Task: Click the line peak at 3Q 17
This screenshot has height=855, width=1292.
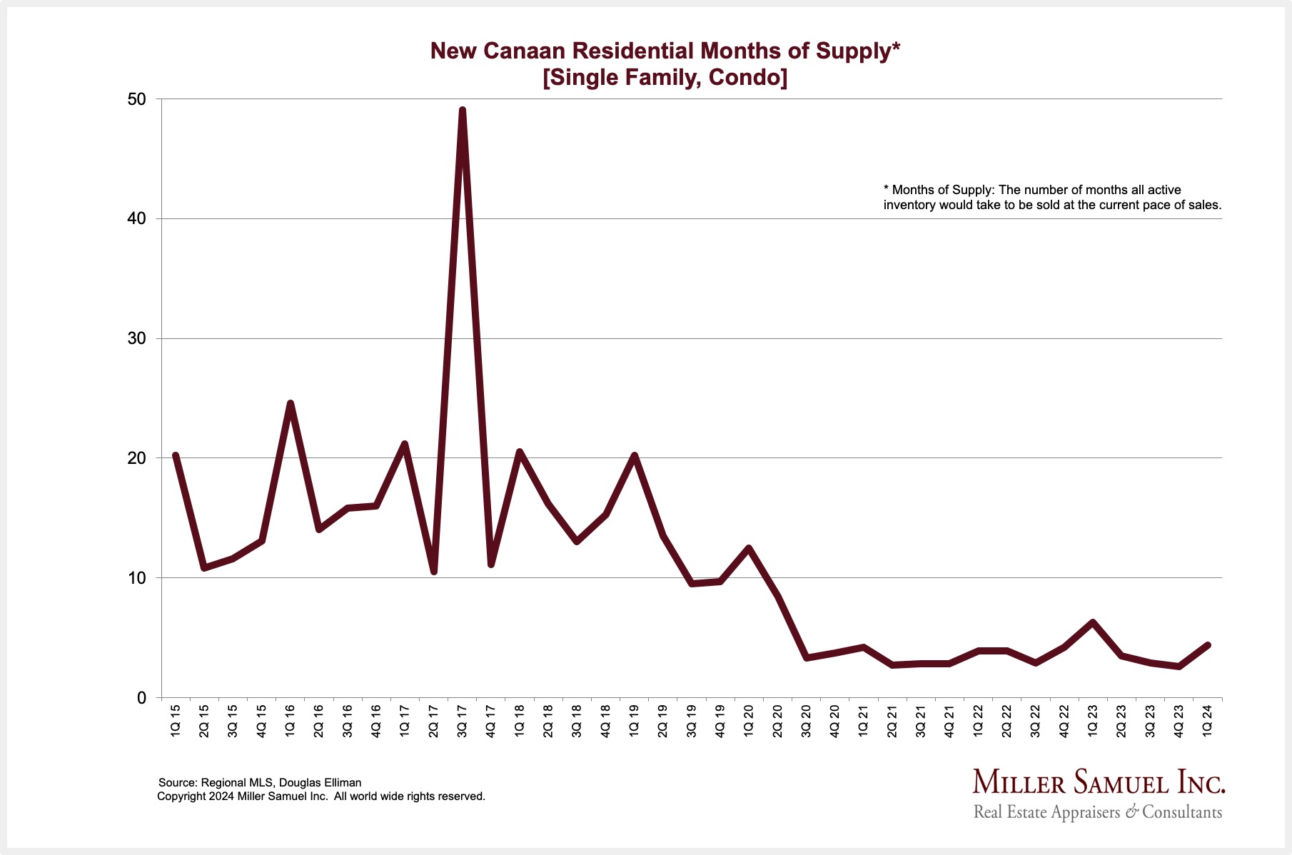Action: point(463,111)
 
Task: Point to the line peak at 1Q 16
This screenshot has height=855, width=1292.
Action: point(290,404)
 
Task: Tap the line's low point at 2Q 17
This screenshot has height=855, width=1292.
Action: point(433,571)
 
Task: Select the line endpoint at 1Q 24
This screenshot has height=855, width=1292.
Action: point(1208,645)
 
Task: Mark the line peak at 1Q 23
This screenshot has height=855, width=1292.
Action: point(1092,622)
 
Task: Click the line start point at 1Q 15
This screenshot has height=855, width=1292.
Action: point(176,455)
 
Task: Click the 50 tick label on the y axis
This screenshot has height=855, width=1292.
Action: point(136,99)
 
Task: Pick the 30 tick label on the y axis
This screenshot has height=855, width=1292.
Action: point(136,338)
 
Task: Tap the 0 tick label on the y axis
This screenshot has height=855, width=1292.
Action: point(141,697)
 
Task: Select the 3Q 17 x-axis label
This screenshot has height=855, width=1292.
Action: point(463,721)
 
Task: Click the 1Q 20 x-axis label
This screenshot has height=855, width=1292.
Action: point(749,721)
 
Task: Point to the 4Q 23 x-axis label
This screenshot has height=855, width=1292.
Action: point(1179,721)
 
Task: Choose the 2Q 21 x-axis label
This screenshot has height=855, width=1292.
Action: point(892,721)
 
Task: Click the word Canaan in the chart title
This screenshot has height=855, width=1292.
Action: point(524,51)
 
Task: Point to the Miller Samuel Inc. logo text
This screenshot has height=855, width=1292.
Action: point(1099,783)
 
